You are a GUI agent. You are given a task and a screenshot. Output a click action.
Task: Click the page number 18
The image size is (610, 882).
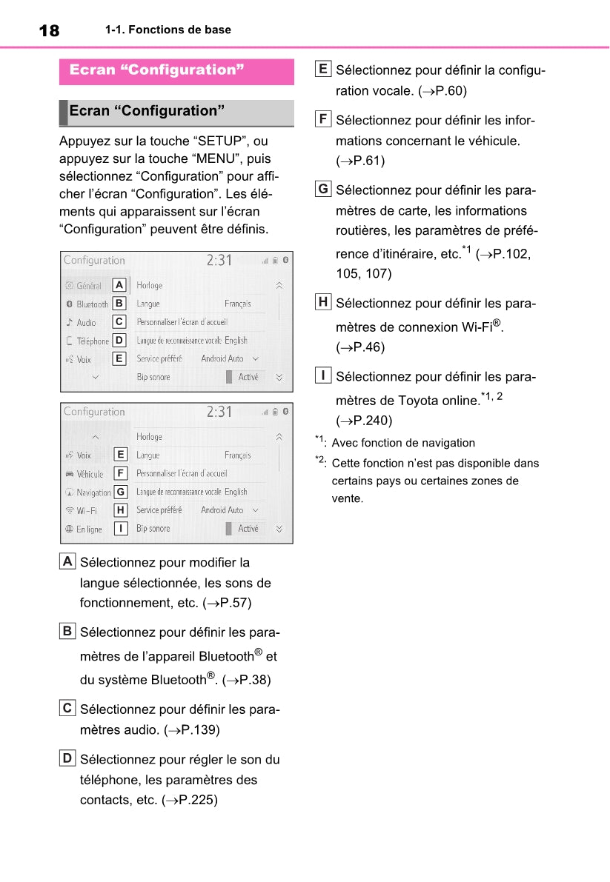49,30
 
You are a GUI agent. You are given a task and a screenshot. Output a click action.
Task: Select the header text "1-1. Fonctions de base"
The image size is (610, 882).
168,30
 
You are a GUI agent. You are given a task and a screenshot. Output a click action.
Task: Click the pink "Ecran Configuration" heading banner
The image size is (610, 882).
176,70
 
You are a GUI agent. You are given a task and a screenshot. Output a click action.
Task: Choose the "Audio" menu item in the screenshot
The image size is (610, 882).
86,323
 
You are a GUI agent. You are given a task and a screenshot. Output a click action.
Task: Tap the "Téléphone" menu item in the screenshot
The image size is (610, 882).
93,341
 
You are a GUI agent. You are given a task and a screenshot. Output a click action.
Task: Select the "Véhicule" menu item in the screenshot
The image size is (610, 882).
90,474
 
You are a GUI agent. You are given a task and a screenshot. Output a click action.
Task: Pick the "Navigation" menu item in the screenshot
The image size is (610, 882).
93,492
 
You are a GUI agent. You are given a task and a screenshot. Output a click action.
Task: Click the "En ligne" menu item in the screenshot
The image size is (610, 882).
89,529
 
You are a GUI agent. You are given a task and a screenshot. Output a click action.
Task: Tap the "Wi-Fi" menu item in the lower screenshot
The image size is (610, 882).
87,511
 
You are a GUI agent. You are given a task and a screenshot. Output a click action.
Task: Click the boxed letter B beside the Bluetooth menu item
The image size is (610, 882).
119,304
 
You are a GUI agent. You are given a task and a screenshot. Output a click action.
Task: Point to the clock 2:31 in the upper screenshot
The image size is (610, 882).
219,261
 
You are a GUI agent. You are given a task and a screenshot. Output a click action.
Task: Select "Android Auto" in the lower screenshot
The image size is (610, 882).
222,510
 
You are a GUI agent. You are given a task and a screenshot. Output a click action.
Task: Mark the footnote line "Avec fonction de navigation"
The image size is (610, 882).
403,443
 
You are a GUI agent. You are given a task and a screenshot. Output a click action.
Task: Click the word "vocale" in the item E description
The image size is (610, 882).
394,91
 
